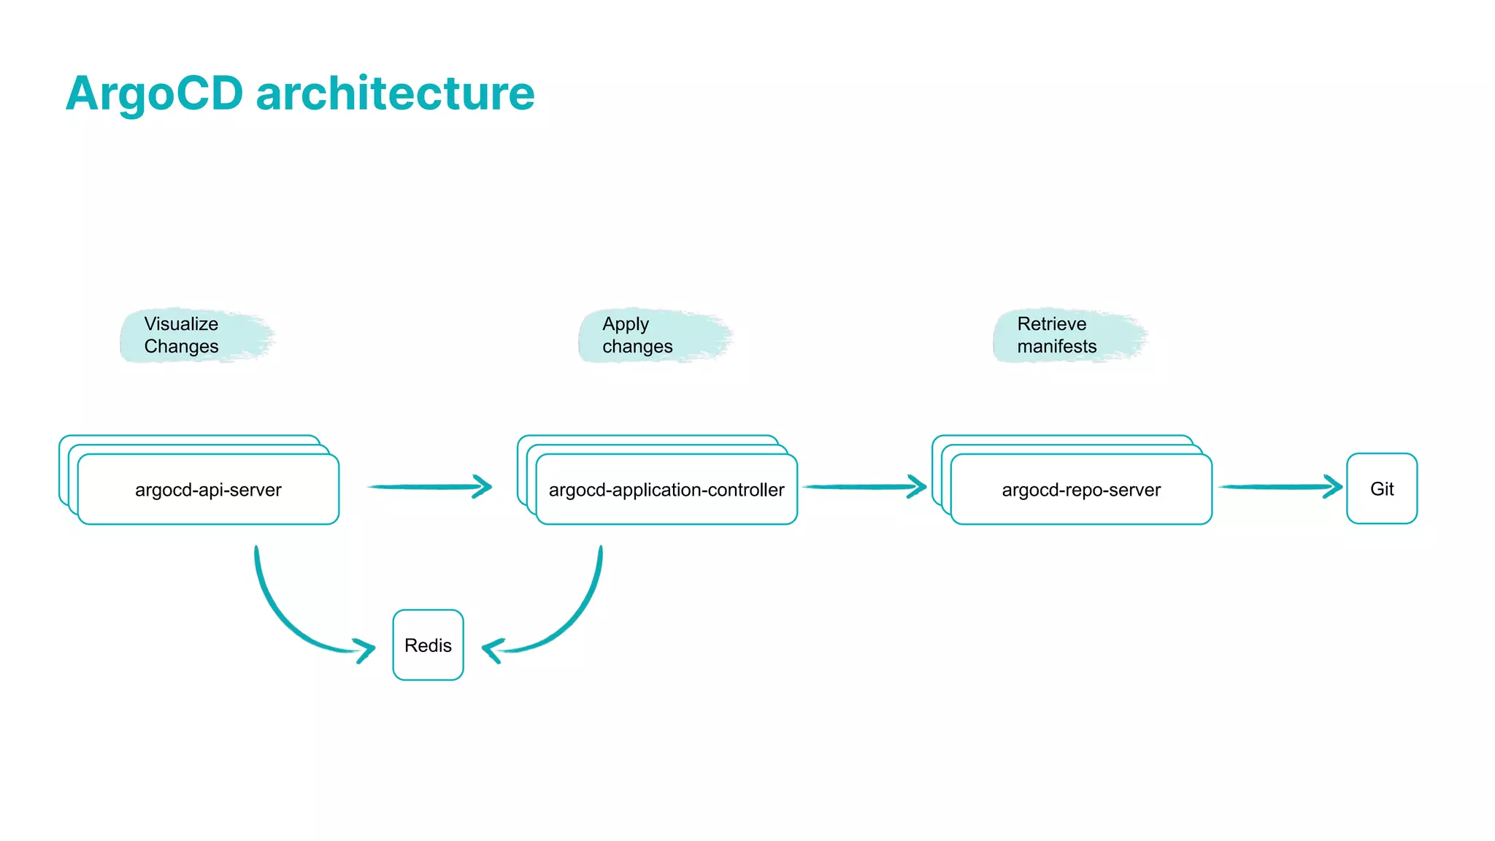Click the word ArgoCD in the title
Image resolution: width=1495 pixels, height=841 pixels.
pos(154,93)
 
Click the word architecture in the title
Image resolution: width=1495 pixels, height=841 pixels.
pos(395,93)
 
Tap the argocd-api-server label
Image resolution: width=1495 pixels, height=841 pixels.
pos(208,490)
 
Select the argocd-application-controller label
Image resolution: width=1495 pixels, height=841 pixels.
pos(666,490)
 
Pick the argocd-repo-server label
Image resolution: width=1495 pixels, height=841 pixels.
pos(1081,490)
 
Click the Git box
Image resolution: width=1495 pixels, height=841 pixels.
pos(1381,488)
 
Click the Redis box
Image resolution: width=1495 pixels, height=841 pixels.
pos(428,645)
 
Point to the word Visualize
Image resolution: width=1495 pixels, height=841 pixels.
pos(181,323)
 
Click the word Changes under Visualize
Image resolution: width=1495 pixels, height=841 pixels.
pos(181,346)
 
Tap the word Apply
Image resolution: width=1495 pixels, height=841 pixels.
pos(626,323)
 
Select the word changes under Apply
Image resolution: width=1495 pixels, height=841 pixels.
pos(637,346)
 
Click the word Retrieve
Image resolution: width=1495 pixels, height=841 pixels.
pos(1051,323)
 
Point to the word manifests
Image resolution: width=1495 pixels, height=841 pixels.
pos(1056,346)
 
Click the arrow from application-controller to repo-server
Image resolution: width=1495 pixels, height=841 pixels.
pos(861,486)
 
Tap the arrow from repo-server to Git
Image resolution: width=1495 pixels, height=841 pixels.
pos(1277,486)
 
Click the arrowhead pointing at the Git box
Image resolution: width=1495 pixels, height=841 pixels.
pos(1333,486)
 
